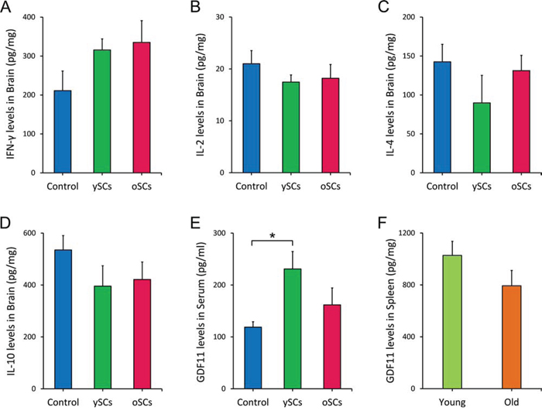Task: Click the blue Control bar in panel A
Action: [x=63, y=132]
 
